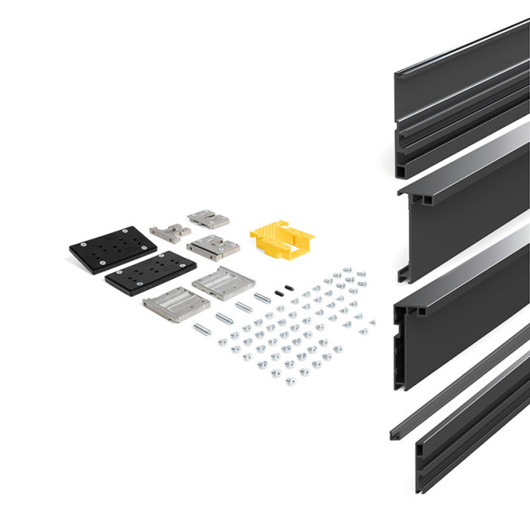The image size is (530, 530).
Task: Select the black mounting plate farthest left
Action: click(x=112, y=249)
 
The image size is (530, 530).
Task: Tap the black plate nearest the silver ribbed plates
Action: click(x=150, y=273)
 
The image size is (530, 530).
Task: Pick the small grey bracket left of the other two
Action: click(x=170, y=232)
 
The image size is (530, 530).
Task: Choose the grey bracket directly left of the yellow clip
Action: click(x=213, y=245)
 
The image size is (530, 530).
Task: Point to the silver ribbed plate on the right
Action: click(x=223, y=283)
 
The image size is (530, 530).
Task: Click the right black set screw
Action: click(x=289, y=287)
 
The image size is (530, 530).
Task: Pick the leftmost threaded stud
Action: click(x=201, y=329)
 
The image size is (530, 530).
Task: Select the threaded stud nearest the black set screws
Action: click(x=262, y=298)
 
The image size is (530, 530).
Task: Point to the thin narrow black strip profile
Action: click(x=457, y=383)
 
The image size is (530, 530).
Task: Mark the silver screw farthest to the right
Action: click(x=372, y=323)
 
